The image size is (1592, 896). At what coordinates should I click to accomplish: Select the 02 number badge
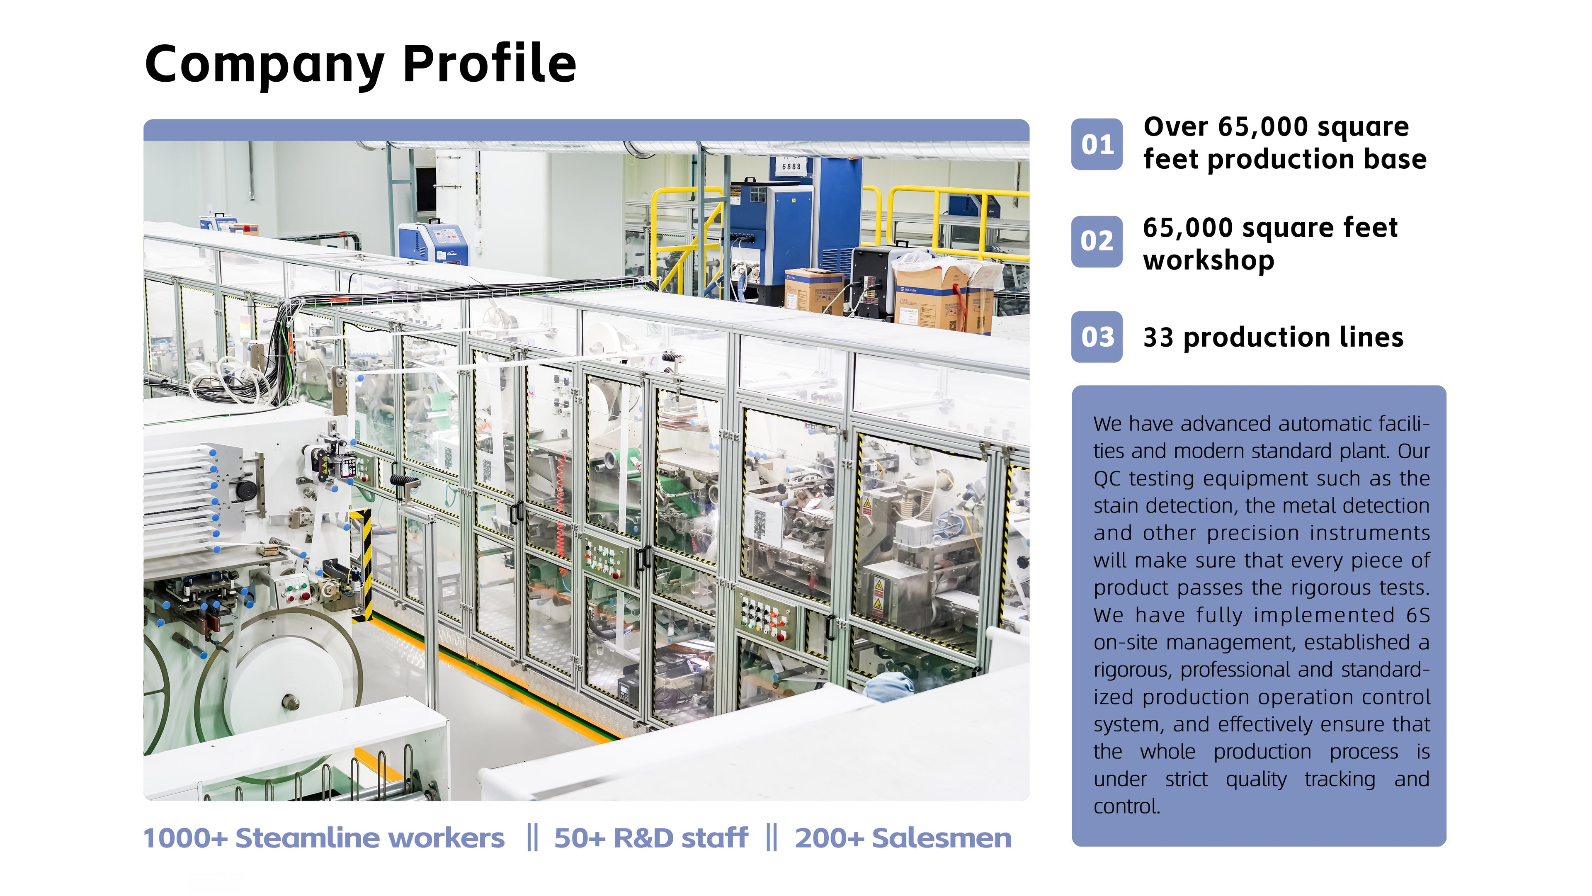coord(1097,241)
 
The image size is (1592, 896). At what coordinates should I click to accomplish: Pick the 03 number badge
coord(1097,337)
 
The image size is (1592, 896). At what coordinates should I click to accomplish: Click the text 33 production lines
coord(1273,338)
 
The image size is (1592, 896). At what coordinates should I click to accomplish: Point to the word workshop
coord(1208,260)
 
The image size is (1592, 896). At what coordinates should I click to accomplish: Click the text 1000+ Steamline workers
coord(324,838)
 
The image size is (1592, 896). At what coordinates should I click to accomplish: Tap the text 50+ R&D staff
coord(651,838)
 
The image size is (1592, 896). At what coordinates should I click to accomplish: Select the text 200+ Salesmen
coord(903,838)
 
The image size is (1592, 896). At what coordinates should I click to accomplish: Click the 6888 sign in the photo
coord(791,166)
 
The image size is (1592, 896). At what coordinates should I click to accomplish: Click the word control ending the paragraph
coord(1127,806)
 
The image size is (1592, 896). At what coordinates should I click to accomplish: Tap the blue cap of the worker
coord(890,686)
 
